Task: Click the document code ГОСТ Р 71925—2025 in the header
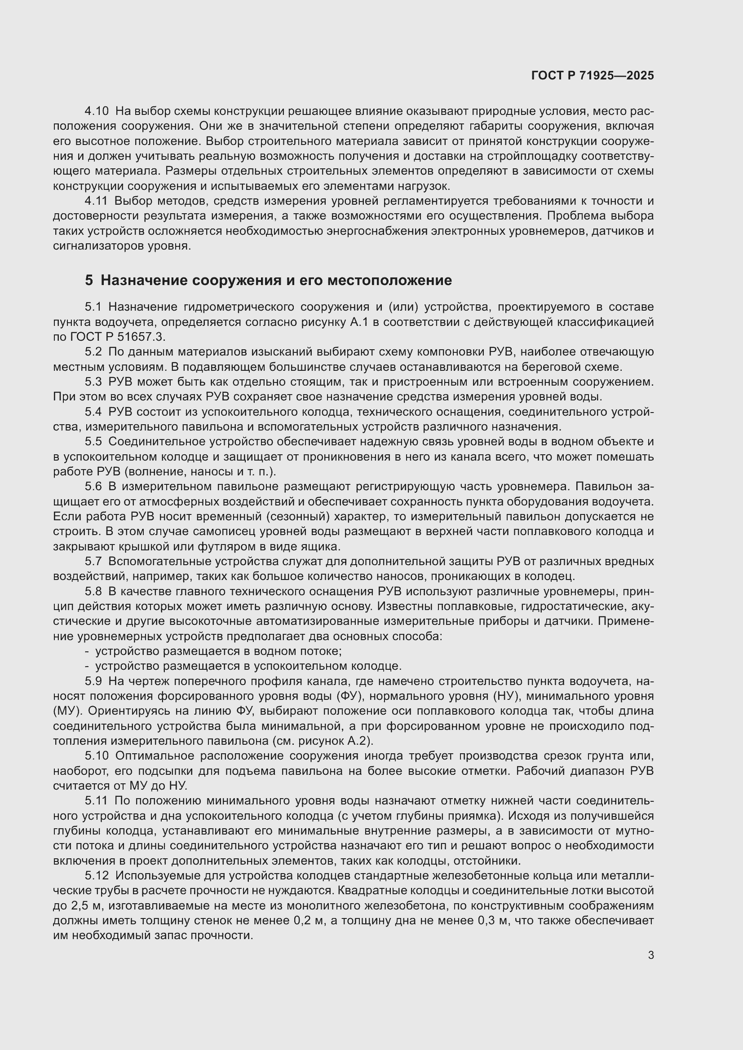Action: tap(593, 76)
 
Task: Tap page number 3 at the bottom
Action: tap(650, 955)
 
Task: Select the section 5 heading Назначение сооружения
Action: tap(268, 280)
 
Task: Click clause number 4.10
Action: tap(97, 111)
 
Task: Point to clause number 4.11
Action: tap(96, 201)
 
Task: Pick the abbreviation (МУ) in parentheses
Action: tap(68, 711)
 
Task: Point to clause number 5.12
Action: tap(97, 876)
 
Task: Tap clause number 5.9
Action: tap(93, 681)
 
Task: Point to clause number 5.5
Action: tap(93, 442)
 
